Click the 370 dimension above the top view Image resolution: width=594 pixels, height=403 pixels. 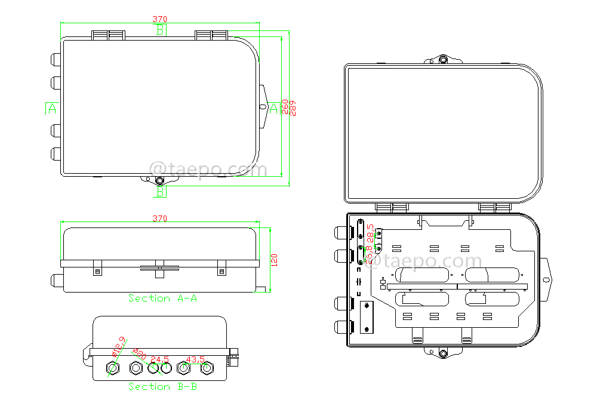159,20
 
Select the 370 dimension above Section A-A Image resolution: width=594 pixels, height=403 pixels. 159,219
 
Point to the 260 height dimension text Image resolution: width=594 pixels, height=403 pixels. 285,107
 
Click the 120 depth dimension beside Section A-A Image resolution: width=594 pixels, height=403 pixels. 275,260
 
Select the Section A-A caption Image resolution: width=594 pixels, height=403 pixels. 163,298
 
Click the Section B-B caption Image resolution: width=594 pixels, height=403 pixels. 163,387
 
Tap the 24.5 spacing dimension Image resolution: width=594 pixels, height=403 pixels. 159,359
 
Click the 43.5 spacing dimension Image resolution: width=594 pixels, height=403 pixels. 195,359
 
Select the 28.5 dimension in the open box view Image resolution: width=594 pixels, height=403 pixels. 370,232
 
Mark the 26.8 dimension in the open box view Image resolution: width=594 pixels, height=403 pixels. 370,255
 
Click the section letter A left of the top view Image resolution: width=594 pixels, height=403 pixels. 52,108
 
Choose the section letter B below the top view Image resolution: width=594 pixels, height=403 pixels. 161,191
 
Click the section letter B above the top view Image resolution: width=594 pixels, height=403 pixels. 160,30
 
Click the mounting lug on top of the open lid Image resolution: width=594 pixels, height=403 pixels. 443,60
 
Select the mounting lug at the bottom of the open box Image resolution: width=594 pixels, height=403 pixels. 443,353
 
